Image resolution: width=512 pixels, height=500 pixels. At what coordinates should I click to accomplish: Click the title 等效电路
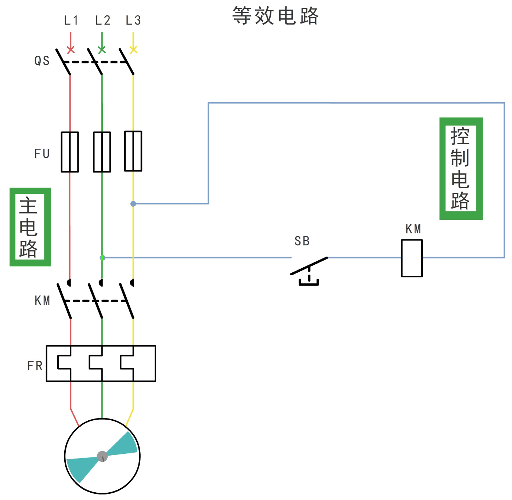coord(275,16)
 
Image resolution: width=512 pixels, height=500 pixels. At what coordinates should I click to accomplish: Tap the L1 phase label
coord(71,21)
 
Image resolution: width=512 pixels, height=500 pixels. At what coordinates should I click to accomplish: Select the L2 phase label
coord(102,21)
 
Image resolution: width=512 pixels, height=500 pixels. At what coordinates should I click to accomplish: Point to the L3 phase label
coord(133,21)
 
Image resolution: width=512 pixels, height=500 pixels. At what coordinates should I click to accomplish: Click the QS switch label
coord(42,61)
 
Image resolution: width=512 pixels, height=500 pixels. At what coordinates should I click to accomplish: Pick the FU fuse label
coord(42,153)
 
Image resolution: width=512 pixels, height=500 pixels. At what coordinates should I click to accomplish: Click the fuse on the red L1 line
coord(70,152)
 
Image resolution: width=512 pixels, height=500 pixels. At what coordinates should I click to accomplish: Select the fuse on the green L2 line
coord(102,152)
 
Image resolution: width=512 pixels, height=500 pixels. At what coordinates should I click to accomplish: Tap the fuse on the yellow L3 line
coord(133,151)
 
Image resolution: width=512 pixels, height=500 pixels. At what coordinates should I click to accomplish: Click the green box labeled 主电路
coord(30,227)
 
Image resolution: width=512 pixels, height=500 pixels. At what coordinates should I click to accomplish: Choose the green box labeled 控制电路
coord(461,169)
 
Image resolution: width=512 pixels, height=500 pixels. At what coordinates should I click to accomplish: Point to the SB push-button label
coord(302,241)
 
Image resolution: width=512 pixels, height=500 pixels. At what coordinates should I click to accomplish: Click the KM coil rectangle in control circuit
coord(412,258)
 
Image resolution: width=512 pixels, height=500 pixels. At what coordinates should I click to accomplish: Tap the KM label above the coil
coord(413,229)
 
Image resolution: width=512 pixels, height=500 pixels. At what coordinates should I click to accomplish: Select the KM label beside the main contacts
coord(42,301)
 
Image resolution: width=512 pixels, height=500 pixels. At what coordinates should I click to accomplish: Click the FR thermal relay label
coord(35,366)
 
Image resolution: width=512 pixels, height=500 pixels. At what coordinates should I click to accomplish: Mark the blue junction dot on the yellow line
coord(133,204)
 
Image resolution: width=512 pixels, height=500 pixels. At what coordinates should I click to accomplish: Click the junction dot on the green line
coord(102,258)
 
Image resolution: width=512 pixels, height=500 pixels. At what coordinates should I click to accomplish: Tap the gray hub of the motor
coord(102,456)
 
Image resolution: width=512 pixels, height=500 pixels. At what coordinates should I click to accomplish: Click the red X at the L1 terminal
coord(71,50)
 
